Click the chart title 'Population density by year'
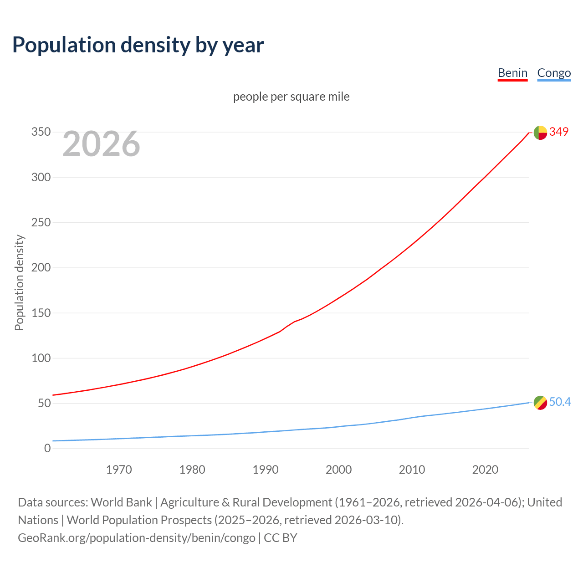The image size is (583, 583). click(x=138, y=45)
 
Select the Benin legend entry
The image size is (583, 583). click(x=512, y=73)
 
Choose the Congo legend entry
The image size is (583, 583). click(x=554, y=73)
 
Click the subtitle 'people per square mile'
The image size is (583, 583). click(x=291, y=97)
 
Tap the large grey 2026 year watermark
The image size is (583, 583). click(x=101, y=144)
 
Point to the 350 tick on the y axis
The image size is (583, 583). click(x=41, y=132)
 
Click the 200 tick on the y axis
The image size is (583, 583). click(x=41, y=267)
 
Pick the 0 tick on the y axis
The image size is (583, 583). click(x=47, y=448)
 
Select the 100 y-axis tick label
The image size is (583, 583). click(x=41, y=358)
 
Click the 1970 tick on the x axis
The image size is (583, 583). click(x=119, y=470)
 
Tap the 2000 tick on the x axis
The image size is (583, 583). click(x=338, y=470)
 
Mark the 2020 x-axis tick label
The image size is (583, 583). click(x=485, y=470)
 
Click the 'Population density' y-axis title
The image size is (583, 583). click(x=19, y=282)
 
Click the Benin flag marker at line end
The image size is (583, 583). click(x=540, y=133)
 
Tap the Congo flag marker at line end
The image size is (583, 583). click(x=540, y=403)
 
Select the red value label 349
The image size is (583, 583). click(x=559, y=132)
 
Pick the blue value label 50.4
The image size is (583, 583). click(x=560, y=402)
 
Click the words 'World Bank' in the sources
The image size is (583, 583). click(x=121, y=502)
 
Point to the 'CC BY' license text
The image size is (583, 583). click(x=281, y=538)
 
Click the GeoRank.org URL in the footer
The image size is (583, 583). click(x=137, y=538)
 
